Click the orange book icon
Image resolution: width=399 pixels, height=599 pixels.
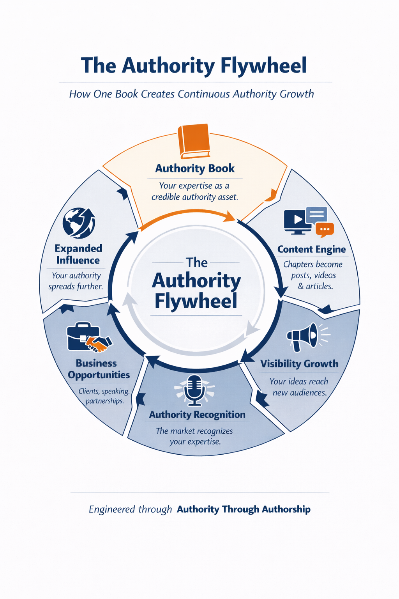tap(194, 141)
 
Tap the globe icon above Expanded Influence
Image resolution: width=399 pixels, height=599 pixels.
tap(79, 223)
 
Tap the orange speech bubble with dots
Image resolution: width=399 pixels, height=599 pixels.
tap(325, 229)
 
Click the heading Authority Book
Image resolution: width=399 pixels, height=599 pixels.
tap(195, 168)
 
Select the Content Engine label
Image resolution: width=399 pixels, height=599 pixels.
tap(311, 249)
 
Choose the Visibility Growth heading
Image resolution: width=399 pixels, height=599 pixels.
tap(299, 364)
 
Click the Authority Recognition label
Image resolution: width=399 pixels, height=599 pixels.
tap(197, 415)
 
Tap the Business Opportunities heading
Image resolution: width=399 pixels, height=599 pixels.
tap(98, 369)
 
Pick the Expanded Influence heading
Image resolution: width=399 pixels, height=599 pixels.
tap(78, 254)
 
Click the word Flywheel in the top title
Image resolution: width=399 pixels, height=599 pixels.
tap(263, 66)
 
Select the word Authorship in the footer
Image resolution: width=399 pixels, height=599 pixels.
tap(286, 509)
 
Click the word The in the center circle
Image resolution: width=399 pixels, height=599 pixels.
tap(196, 262)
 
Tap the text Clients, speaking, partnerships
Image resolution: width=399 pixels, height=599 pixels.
tap(104, 396)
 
